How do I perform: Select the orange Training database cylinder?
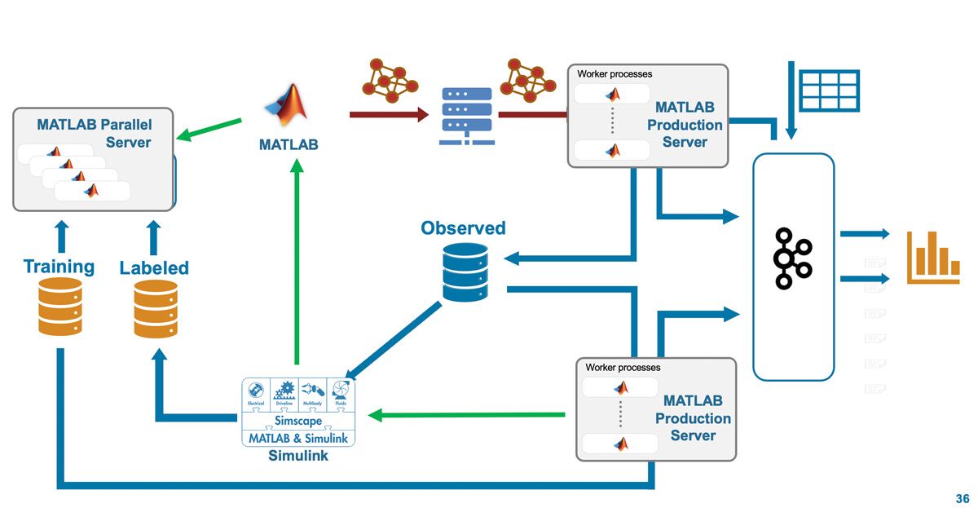[x=60, y=307]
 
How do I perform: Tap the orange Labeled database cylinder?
[x=156, y=308]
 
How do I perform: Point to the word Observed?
[x=463, y=228]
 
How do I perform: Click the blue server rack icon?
[x=467, y=116]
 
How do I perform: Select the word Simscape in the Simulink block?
[x=298, y=422]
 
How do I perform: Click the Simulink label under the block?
[x=298, y=456]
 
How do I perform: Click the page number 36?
[x=962, y=498]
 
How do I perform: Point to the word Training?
[x=59, y=267]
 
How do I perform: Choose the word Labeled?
[x=154, y=267]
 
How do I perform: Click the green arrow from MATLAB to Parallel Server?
[x=209, y=129]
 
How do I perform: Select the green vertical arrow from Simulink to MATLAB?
[x=297, y=261]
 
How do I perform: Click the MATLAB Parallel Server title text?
[x=95, y=134]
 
